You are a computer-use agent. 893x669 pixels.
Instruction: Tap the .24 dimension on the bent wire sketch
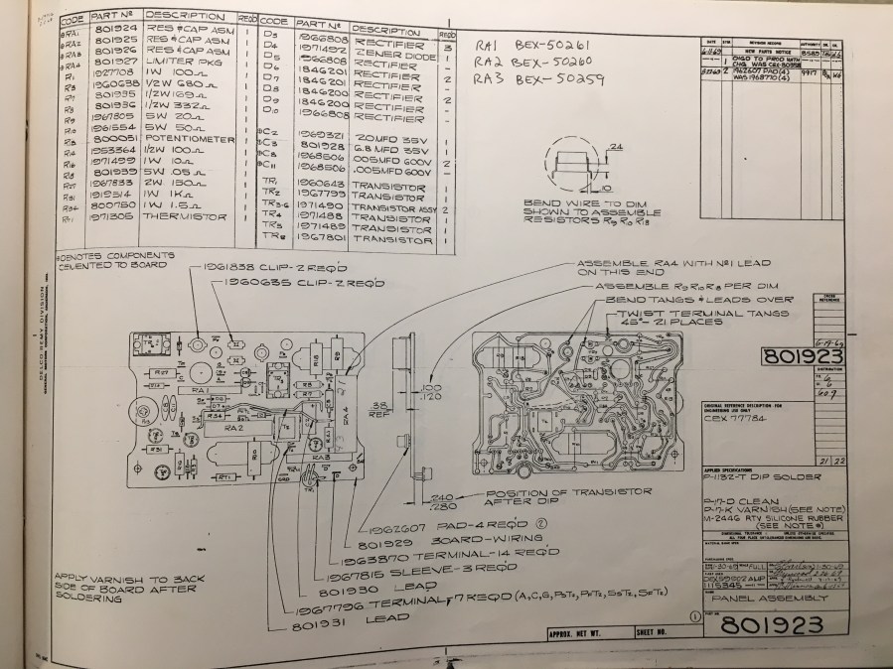click(x=591, y=145)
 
